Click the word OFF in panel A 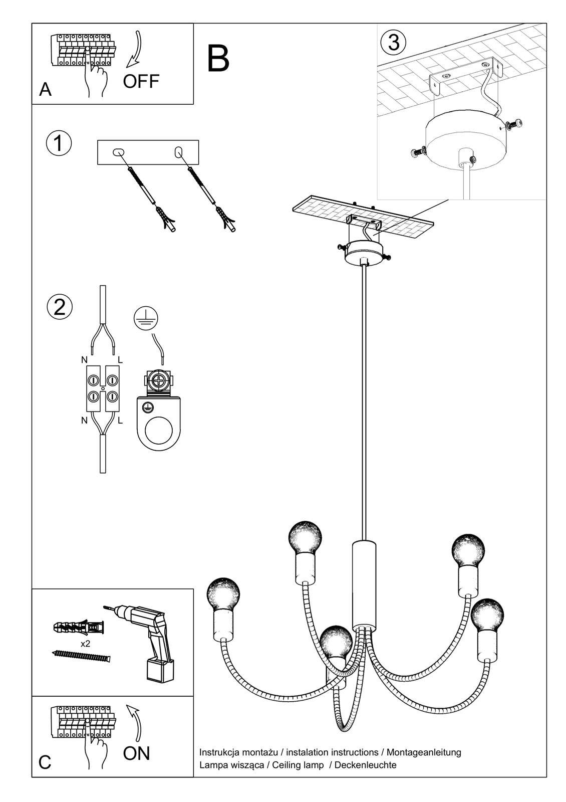pyautogui.click(x=141, y=81)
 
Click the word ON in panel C pyautogui.click(x=136, y=753)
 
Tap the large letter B pyautogui.click(x=218, y=59)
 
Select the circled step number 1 pyautogui.click(x=59, y=143)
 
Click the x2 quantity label pyautogui.click(x=85, y=644)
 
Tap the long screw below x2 pyautogui.click(x=81, y=656)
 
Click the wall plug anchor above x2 pyautogui.click(x=79, y=627)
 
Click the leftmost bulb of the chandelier pyautogui.click(x=223, y=594)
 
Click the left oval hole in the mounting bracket pyautogui.click(x=119, y=152)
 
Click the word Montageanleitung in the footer pyautogui.click(x=424, y=752)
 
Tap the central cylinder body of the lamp pyautogui.click(x=364, y=584)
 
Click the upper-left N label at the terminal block pyautogui.click(x=84, y=360)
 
